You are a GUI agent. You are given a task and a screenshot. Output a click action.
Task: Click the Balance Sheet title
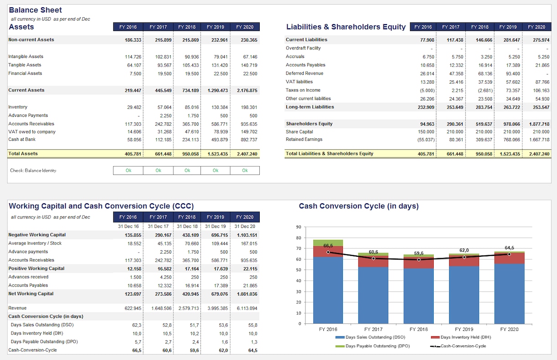[x=35, y=10]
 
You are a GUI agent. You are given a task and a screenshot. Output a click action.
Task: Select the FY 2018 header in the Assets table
[x=187, y=27]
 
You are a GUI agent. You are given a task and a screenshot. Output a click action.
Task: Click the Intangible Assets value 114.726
[x=133, y=57]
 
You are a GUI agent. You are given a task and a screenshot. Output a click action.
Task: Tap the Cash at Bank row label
[x=22, y=139]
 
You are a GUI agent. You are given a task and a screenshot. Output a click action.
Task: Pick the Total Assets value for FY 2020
[x=247, y=154]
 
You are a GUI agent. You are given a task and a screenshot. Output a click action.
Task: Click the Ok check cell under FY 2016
[x=128, y=170]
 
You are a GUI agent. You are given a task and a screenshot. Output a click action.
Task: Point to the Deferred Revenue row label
[x=305, y=73]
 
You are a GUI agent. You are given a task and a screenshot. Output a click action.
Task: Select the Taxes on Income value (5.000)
[x=427, y=90]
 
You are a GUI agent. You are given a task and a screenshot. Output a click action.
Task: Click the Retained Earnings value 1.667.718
[x=539, y=140]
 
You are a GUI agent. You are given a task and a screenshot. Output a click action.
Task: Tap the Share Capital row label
[x=299, y=132]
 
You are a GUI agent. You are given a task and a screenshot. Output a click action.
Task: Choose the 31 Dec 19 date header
[x=215, y=227]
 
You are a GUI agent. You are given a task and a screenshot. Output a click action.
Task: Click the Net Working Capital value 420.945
[x=190, y=294]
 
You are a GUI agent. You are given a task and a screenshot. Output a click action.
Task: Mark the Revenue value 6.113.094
[x=247, y=308]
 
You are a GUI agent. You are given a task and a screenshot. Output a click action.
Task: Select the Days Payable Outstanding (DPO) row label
[x=44, y=342]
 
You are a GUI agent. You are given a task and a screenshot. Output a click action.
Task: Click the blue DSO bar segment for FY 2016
[x=328, y=290]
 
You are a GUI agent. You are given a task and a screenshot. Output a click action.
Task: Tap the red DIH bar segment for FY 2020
[x=509, y=258]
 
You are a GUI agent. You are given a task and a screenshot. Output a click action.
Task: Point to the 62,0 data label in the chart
[x=464, y=250]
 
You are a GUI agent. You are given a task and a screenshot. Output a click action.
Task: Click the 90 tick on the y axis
[x=299, y=227]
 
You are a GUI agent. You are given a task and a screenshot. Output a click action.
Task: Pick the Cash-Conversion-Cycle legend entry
[x=458, y=346]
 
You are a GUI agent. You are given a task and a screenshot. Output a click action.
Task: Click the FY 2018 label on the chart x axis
[x=419, y=329]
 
